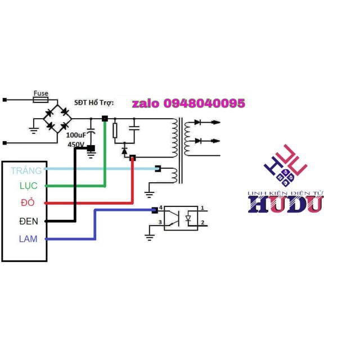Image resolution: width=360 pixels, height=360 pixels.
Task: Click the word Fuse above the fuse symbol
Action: tap(40, 93)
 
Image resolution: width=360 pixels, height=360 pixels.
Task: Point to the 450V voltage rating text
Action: tap(76, 145)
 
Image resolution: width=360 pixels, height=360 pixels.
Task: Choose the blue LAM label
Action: tap(28, 238)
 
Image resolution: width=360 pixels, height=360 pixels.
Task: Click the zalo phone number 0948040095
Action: tap(188, 103)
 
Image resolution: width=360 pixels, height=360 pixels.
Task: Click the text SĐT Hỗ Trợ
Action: tap(94, 103)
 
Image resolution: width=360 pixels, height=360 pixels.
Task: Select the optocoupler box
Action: tap(181, 217)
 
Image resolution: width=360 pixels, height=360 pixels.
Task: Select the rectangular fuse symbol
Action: tap(40, 100)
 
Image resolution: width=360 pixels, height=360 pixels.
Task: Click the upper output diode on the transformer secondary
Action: tap(198, 122)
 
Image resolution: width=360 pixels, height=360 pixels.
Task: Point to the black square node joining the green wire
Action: tap(105, 118)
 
